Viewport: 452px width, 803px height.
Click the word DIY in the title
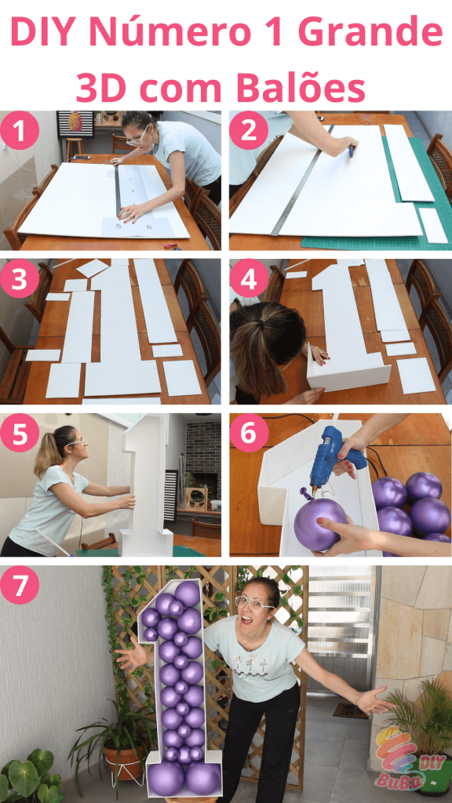[43, 33]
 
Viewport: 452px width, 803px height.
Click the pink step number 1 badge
[20, 132]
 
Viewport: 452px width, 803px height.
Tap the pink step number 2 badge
[250, 132]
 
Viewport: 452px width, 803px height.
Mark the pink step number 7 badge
[20, 586]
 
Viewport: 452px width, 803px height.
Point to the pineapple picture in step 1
[75, 122]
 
